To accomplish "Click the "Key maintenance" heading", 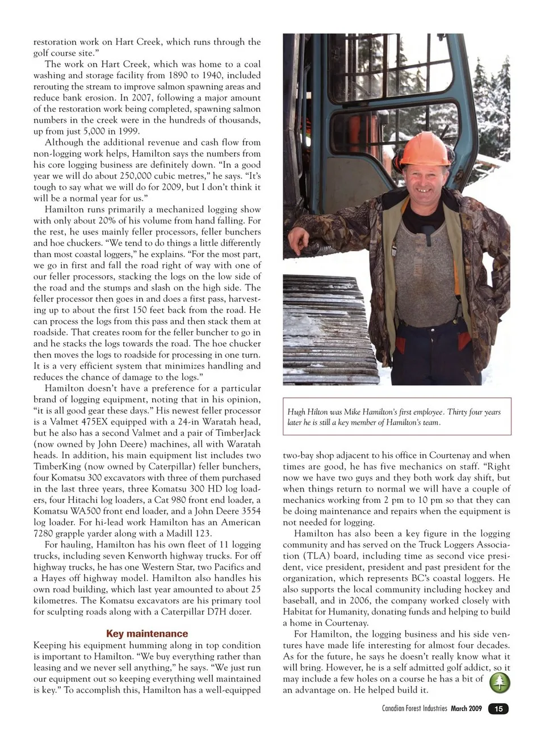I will (x=146, y=633).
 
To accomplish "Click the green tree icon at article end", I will (x=500, y=683).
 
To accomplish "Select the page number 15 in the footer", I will (x=498, y=709).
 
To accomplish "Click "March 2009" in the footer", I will (x=466, y=709).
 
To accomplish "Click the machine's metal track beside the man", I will (x=329, y=329).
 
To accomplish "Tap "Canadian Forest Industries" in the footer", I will (x=415, y=709).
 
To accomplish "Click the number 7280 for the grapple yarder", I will (x=44, y=533).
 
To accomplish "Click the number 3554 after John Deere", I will (x=250, y=511).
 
